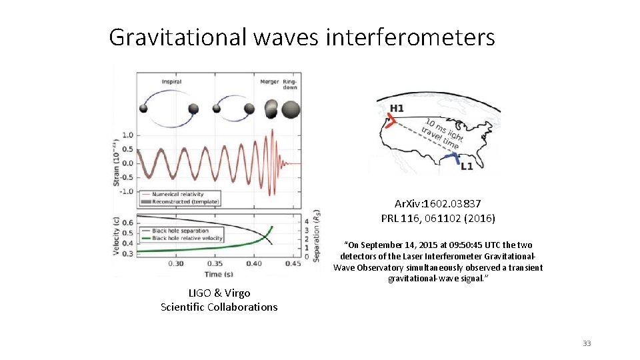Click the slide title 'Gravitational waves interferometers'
(301, 37)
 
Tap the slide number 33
(587, 343)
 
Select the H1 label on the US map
(397, 109)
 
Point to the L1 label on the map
(467, 166)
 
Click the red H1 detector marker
(391, 121)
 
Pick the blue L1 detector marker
(454, 159)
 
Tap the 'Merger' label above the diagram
(270, 82)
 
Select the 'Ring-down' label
(291, 85)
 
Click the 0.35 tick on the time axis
(215, 264)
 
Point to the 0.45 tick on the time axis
(293, 264)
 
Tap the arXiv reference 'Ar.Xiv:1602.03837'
(438, 203)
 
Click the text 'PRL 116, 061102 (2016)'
(438, 218)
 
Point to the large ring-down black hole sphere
(291, 109)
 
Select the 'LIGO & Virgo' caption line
(219, 293)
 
